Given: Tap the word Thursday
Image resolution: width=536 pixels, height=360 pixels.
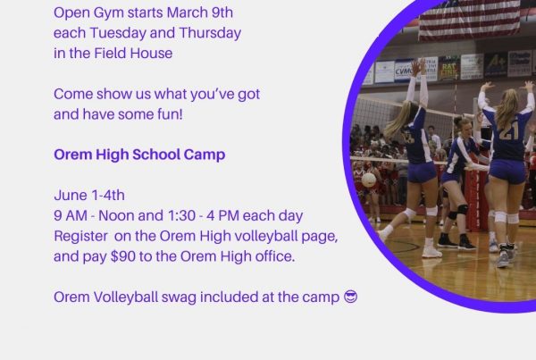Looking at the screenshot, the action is [x=210, y=33].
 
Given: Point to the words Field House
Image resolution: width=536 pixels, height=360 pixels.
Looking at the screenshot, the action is [x=133, y=54].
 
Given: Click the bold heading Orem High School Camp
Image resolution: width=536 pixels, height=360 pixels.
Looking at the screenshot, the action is [x=139, y=155].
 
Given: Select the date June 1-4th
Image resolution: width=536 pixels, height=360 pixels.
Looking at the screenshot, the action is [x=89, y=196].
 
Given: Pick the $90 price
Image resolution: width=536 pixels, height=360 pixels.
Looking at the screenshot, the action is [x=123, y=256].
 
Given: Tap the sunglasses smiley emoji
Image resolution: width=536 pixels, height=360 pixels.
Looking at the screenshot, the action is [x=350, y=297].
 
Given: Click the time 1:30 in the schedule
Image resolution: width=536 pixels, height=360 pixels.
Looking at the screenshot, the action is [x=181, y=215].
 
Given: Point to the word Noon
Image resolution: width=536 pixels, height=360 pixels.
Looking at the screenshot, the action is [x=116, y=215].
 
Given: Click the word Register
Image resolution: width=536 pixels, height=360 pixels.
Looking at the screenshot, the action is [x=80, y=237].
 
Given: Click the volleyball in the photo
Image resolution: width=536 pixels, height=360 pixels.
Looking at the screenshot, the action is [x=369, y=180].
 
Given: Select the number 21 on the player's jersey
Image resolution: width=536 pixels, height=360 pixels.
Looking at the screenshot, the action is [x=509, y=132].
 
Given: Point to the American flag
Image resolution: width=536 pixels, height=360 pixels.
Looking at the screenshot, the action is [x=470, y=19].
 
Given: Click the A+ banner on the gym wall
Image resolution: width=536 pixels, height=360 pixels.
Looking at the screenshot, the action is [x=495, y=65].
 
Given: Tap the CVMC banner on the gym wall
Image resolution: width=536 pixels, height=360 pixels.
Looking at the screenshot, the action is [x=404, y=71].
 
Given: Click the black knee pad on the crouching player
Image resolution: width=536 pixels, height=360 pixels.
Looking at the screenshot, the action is [x=463, y=210].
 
